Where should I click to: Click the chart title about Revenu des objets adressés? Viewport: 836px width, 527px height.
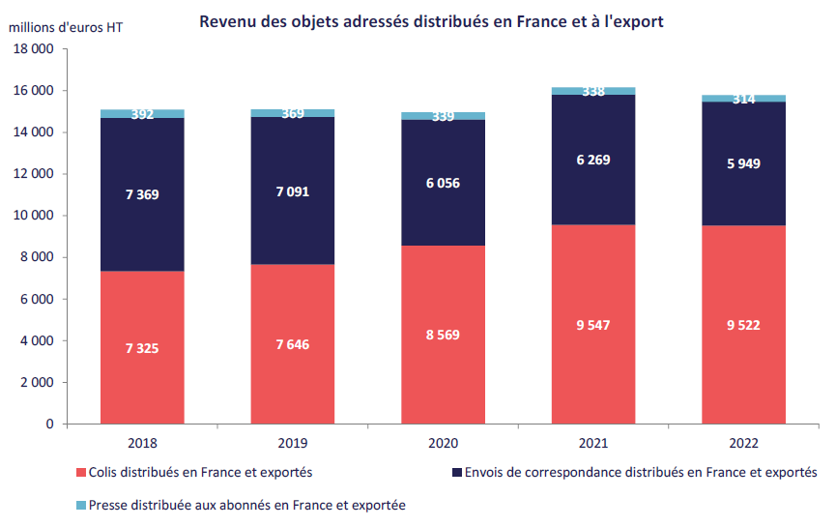(431, 21)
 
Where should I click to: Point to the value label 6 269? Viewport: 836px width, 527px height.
(592, 160)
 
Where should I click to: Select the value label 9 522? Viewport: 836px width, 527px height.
(742, 325)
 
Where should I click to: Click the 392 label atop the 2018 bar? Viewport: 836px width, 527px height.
(142, 114)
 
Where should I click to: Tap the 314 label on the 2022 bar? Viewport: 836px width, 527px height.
(743, 100)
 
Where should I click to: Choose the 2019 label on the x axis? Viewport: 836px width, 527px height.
(293, 443)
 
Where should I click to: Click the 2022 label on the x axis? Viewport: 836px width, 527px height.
(743, 443)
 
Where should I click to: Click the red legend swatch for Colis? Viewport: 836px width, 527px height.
(79, 473)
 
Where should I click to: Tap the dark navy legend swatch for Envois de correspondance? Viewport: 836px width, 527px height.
(454, 473)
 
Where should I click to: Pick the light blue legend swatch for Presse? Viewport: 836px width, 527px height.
(79, 505)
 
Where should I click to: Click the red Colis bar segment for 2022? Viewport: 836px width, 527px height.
(743, 377)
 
